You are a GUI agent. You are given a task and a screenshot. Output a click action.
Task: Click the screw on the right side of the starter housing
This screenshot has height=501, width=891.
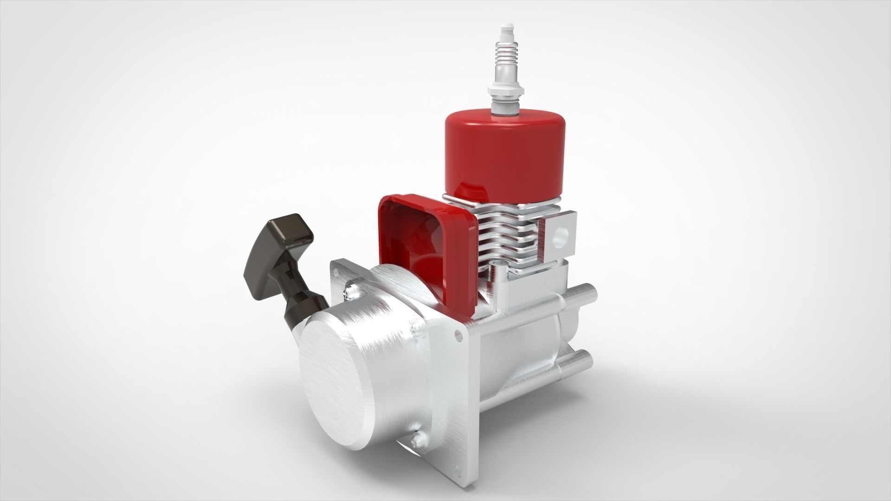(415, 331)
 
